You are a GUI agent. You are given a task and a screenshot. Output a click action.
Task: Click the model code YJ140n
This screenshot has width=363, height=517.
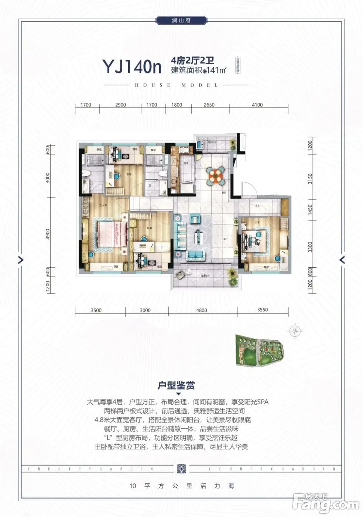tap(132, 66)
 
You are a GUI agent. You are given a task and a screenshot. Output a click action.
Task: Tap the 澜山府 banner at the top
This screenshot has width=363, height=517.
tap(181, 20)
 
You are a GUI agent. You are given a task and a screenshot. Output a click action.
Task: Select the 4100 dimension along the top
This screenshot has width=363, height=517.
tap(257, 105)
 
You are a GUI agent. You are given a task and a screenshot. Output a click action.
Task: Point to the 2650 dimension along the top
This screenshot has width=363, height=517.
tap(209, 105)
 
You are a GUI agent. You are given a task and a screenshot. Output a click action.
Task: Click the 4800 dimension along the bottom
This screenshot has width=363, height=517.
tap(202, 310)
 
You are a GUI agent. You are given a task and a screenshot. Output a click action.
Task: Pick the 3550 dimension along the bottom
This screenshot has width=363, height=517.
tap(263, 310)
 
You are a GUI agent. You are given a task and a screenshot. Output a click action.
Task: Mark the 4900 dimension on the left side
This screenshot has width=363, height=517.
tap(48, 234)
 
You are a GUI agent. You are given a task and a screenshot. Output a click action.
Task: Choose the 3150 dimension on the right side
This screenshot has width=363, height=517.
tap(310, 179)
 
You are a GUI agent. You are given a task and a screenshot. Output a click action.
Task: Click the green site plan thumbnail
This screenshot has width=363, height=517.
tap(260, 350)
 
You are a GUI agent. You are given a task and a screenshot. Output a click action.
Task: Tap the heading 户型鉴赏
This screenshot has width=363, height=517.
tap(177, 386)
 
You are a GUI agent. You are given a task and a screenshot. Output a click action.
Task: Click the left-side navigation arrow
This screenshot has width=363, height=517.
tap(21, 260)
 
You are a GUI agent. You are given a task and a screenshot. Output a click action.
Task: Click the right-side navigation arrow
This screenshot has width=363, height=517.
tap(342, 260)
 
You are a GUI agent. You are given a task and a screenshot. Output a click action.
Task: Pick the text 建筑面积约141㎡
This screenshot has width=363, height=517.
tap(198, 70)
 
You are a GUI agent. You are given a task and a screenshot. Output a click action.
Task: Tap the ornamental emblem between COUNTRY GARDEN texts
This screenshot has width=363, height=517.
tap(181, 469)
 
